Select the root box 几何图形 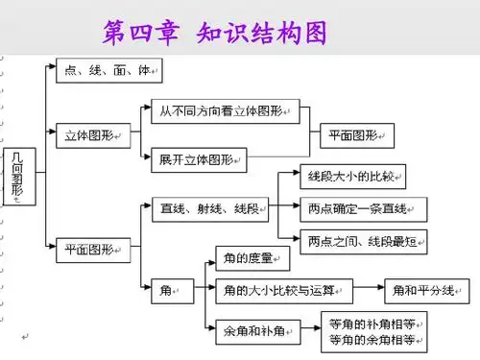[x=17, y=177]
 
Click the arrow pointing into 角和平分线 [x=369, y=289]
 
